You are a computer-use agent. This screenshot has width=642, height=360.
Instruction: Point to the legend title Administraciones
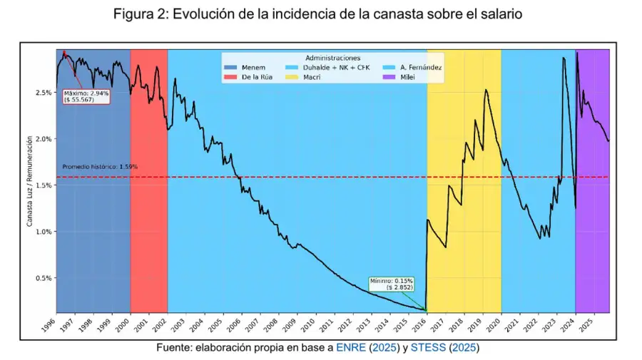332,58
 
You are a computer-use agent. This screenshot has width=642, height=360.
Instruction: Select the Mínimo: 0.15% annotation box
392,284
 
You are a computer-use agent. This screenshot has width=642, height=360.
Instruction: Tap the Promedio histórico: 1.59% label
99,167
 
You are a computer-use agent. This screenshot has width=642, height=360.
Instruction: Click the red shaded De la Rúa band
149,214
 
